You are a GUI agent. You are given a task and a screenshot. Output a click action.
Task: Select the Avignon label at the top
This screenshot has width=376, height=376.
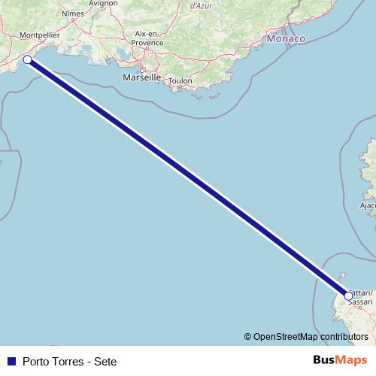[x=103, y=3]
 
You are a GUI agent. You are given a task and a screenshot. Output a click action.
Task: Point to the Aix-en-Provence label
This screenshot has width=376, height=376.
[x=148, y=38]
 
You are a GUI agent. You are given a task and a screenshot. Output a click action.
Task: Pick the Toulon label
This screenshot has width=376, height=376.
[x=180, y=80]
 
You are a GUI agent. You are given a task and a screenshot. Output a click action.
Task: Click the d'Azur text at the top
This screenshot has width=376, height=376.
[x=200, y=5]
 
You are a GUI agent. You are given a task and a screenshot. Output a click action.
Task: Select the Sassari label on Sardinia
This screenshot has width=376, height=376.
[x=360, y=302]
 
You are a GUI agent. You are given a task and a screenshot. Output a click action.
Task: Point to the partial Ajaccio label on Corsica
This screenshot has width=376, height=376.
[x=368, y=205]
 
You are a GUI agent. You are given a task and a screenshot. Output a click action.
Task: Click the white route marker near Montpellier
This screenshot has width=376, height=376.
[x=28, y=59]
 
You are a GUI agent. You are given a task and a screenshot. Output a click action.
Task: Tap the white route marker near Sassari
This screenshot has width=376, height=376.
[x=347, y=296]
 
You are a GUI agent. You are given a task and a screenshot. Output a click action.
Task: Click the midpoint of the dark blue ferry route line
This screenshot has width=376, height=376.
[x=188, y=178]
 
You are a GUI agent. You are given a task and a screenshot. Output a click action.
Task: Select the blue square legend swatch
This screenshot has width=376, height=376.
[x=11, y=361]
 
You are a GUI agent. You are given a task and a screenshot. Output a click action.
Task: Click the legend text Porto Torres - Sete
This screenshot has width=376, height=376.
[x=69, y=361]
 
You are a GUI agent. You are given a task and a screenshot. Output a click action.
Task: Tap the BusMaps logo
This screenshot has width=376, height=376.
[x=341, y=360]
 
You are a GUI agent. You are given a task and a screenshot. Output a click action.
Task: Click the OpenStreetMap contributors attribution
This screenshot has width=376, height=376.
[x=311, y=337]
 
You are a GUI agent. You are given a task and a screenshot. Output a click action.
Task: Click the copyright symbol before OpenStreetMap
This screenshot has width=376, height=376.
[x=248, y=337]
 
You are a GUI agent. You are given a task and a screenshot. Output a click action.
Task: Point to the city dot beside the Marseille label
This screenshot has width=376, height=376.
[x=141, y=71]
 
